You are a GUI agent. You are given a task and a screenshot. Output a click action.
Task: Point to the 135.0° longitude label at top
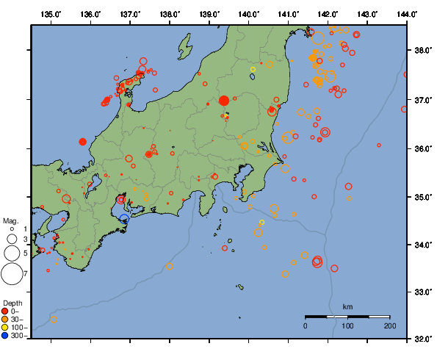[51, 14]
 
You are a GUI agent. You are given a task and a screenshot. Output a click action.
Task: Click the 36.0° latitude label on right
[422, 148]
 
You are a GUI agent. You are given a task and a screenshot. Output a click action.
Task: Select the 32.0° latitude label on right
[422, 339]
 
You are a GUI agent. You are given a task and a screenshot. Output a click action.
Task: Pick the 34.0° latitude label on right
[422, 245]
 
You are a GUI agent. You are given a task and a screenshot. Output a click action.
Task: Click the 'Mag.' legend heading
[10, 220]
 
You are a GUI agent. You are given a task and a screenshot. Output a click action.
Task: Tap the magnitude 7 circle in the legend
[11, 274]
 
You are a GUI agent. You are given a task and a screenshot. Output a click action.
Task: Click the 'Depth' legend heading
[12, 303]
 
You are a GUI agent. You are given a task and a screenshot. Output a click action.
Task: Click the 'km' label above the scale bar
[347, 306]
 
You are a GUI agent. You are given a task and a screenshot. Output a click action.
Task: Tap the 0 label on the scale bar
[306, 325]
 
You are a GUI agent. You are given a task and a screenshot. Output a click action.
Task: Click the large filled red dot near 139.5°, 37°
[224, 101]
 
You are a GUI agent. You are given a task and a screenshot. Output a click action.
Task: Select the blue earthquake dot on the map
[124, 218]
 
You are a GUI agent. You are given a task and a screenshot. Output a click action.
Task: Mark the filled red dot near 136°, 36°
[83, 141]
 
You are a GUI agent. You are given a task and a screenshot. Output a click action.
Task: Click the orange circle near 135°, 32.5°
[54, 319]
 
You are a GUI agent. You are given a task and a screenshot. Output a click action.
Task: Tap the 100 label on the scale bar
[347, 325]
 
